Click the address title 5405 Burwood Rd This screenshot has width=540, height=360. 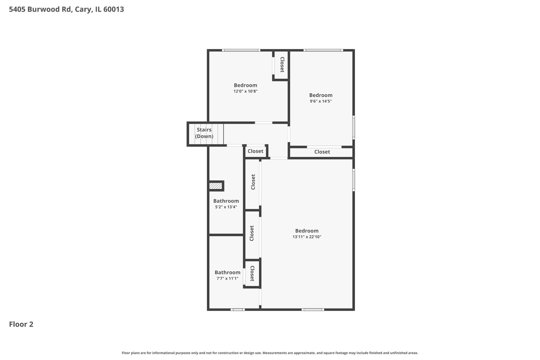66,9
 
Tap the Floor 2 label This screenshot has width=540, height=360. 21,324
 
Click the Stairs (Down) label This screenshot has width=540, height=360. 204,133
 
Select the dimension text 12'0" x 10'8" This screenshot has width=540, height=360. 245,91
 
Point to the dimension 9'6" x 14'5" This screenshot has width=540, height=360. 321,101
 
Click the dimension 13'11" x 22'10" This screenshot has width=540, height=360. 307,237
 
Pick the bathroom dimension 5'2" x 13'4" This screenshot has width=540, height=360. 226,207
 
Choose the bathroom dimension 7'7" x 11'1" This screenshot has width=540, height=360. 227,279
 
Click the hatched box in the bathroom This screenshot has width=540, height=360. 215,186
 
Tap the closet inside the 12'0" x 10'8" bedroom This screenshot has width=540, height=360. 282,65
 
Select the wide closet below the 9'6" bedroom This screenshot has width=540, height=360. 322,152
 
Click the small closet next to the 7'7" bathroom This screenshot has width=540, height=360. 252,274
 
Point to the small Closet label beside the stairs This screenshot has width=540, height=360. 255,151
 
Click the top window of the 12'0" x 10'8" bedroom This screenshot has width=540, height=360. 241,50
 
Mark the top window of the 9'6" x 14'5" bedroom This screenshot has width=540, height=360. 323,50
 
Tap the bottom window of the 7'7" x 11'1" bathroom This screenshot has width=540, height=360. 237,310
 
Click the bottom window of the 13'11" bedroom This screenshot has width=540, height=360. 312,310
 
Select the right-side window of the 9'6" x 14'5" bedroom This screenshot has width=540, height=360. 354,127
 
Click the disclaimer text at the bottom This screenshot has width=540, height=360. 270,353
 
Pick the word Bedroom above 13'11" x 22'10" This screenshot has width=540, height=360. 307,231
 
